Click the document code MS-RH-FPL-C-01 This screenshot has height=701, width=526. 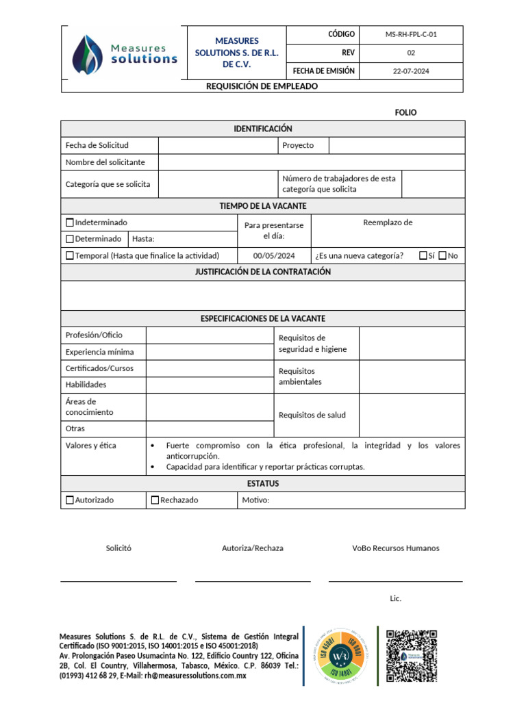tap(411, 34)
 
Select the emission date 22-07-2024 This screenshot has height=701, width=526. tap(411, 71)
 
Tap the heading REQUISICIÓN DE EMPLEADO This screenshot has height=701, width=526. tap(262, 86)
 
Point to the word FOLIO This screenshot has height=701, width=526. tap(405, 112)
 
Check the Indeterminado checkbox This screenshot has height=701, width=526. tap(70, 222)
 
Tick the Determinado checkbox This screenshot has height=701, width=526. tap(70, 239)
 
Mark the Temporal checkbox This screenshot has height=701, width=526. tap(70, 255)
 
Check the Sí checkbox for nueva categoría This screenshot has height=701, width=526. tap(423, 255)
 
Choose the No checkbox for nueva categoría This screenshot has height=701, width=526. tap(442, 255)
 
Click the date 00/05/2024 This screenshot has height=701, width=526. tap(273, 255)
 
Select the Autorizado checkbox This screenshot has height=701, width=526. tap(70, 500)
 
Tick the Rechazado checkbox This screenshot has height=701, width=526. tap(155, 500)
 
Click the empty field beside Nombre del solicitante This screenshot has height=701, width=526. tap(312, 162)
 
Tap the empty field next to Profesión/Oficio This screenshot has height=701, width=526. tap(210, 335)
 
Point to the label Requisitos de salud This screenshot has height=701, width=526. tap(312, 415)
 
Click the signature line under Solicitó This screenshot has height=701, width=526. tap(118, 581)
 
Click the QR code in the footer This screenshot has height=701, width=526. tap(411, 655)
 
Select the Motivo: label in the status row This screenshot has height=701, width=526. tap(255, 500)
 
